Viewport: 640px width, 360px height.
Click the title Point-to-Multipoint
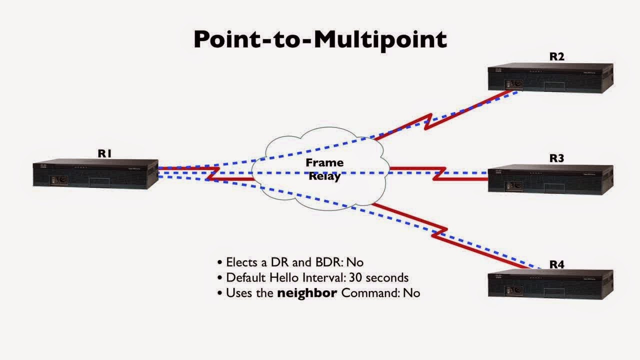pos(320,39)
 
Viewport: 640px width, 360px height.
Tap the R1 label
pos(104,153)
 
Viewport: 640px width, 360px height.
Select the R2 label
pos(556,56)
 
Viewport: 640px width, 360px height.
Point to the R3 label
pos(556,158)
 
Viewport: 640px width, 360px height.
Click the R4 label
pos(556,264)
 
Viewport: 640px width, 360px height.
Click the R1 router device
pos(95,173)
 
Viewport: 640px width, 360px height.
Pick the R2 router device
pos(550,77)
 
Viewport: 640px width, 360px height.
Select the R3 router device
pos(550,179)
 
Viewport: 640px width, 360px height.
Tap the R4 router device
pos(550,284)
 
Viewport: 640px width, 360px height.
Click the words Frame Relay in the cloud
pos(324,169)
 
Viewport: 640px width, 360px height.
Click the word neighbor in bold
pos(307,292)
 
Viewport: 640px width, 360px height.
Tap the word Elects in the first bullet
pos(241,262)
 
